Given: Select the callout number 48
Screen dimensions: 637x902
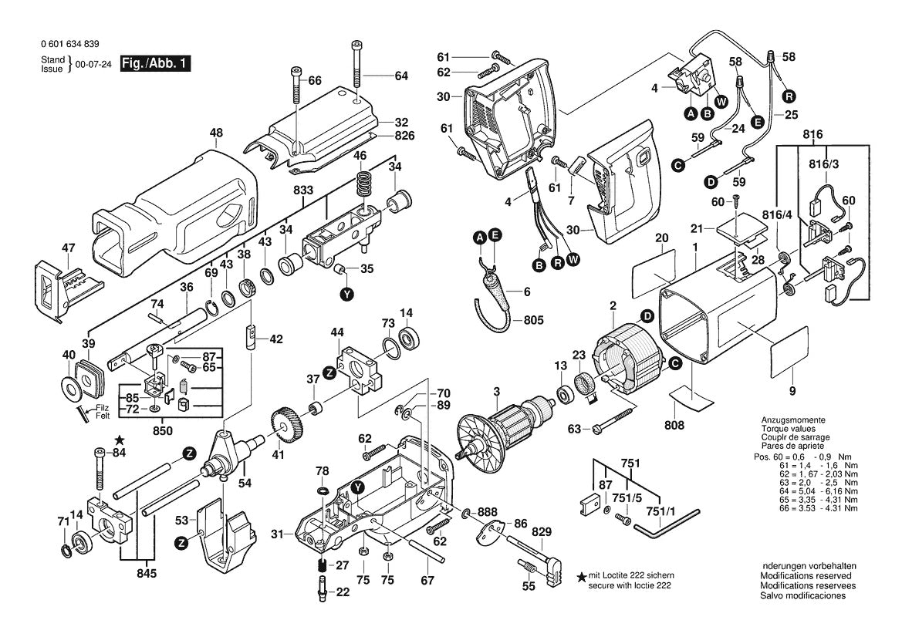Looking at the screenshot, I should tap(215, 133).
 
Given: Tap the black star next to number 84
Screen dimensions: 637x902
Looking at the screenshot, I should tap(119, 440).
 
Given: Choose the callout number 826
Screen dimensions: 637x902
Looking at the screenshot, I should tap(405, 136).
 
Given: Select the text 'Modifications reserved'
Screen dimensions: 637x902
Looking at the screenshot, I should tap(806, 576).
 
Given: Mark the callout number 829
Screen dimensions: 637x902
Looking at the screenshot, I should tap(542, 533).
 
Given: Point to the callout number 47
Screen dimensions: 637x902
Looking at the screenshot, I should tap(69, 248).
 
